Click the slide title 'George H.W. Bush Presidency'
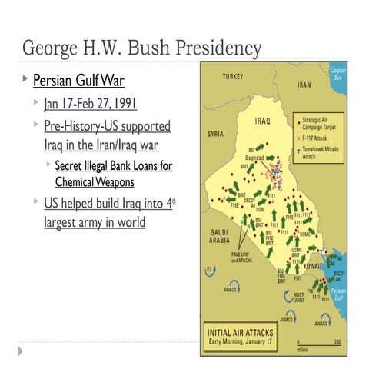[141, 48]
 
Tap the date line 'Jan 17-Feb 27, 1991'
[91, 104]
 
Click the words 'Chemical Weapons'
[95, 182]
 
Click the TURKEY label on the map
[232, 77]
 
